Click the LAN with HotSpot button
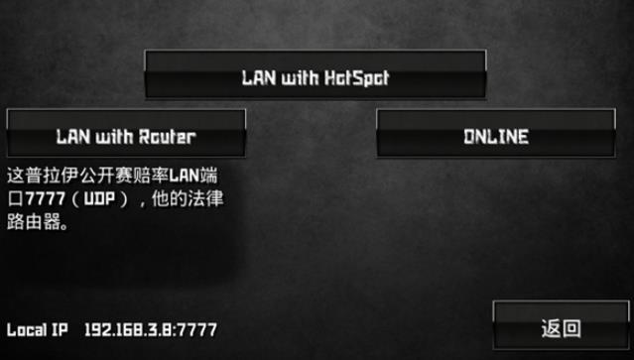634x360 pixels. pos(316,74)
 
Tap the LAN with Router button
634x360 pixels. pos(126,133)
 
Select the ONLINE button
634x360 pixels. pos(496,133)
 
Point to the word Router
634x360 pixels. pos(168,137)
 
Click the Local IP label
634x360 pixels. pos(37,330)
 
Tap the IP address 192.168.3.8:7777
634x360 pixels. pos(151,330)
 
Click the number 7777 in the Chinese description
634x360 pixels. pos(46,198)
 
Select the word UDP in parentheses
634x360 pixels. pos(99,198)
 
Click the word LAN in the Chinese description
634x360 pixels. pos(184,177)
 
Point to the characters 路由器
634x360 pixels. pos(37,221)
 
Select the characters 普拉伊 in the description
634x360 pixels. pos(56,177)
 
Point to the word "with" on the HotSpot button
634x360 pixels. pos(291,78)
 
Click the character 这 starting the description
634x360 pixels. pos(16,177)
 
